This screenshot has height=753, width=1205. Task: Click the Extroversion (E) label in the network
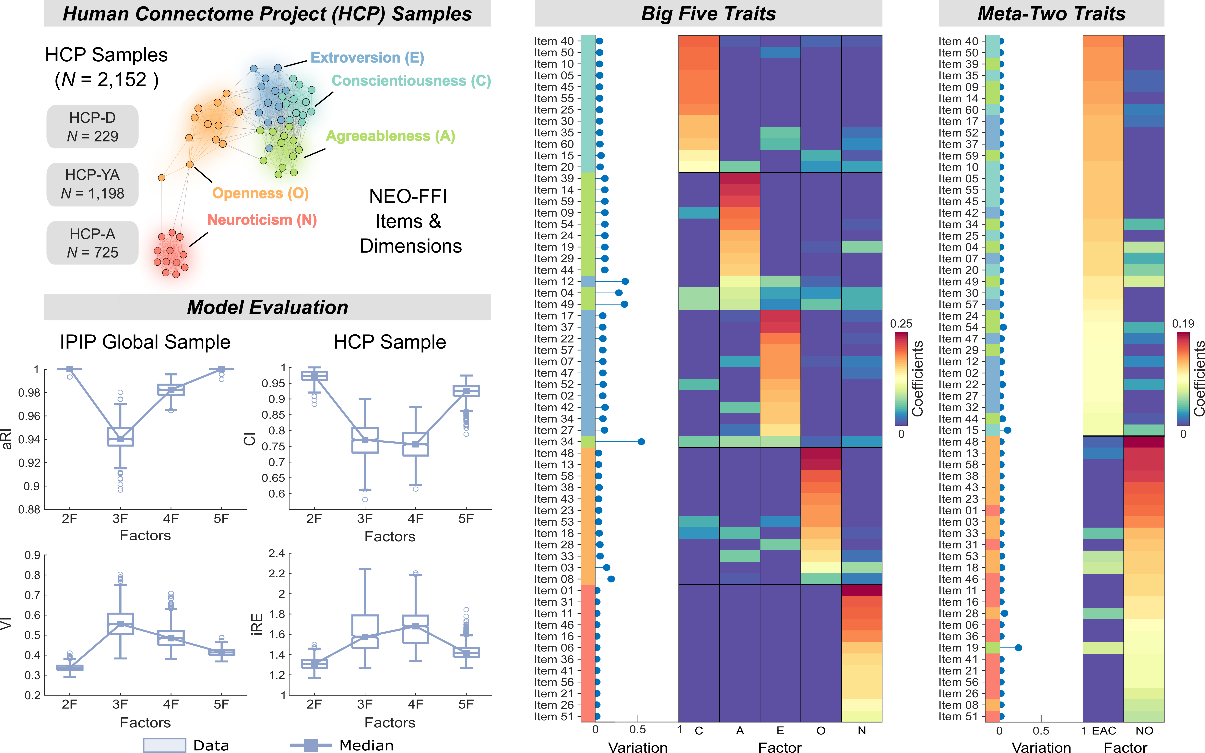point(367,58)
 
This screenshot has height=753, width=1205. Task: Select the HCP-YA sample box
point(93,184)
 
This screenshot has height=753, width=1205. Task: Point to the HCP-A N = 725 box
point(93,243)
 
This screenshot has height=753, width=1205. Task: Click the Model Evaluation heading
point(267,307)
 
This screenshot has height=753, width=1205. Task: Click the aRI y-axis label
point(7,438)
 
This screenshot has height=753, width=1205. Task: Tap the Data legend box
point(164,745)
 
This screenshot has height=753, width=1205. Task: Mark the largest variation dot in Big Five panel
point(641,442)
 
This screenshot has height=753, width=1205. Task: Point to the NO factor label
point(1144,731)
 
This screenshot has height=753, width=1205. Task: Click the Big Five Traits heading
point(708,13)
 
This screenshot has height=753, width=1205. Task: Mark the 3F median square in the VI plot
point(120,624)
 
